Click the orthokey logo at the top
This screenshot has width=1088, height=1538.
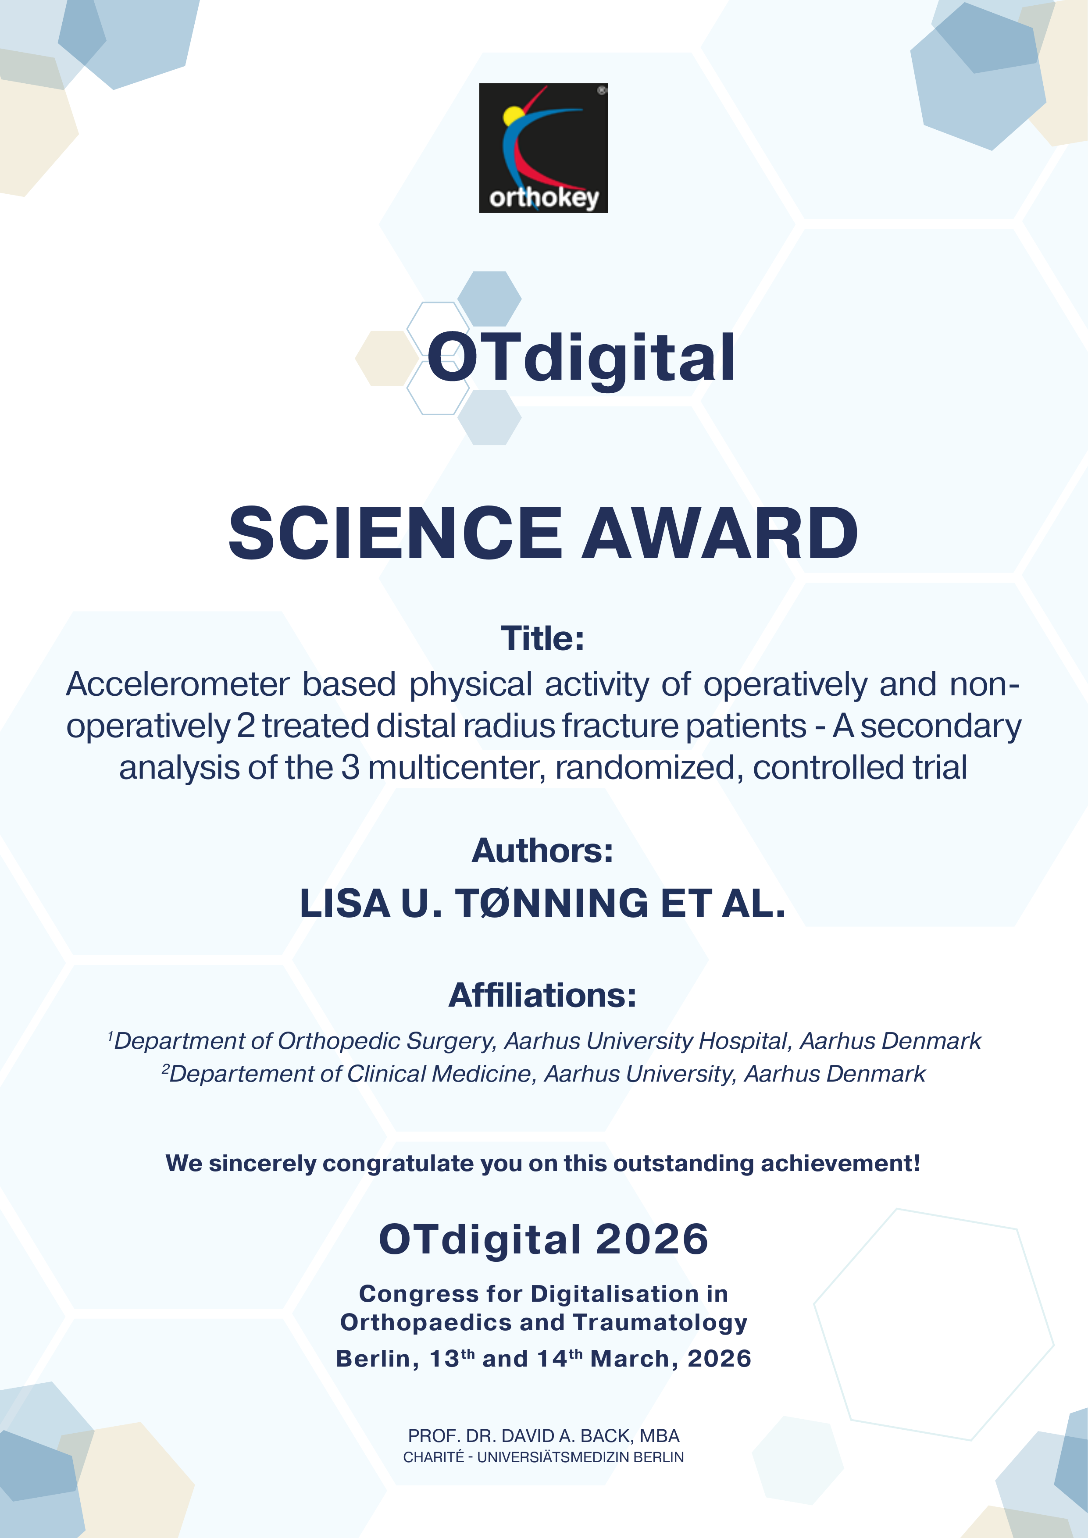coord(543,148)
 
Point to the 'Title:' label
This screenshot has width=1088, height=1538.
coord(542,638)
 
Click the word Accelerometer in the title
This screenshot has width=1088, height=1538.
coord(178,684)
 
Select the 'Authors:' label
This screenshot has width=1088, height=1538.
coord(542,850)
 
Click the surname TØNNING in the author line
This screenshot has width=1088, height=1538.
coord(551,903)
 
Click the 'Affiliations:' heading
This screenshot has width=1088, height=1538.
coord(542,995)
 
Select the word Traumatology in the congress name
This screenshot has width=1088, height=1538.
coord(660,1323)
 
